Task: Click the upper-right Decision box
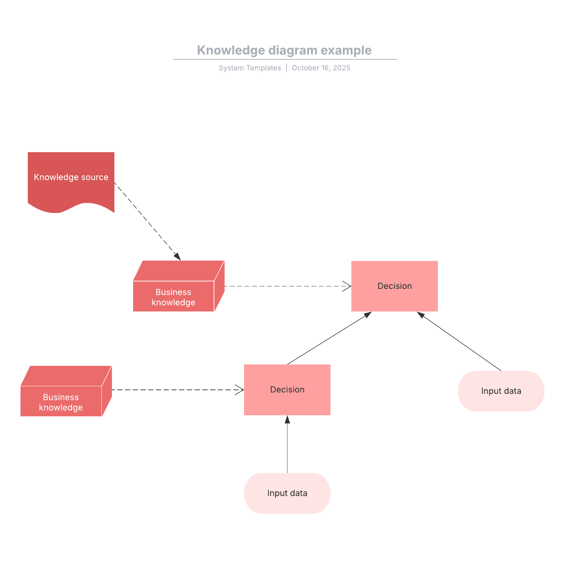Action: click(394, 286)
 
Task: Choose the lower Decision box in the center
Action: click(287, 389)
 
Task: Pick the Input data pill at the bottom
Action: click(287, 493)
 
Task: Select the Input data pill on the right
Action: click(501, 391)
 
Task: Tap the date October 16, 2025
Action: click(321, 68)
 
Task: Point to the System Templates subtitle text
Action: click(250, 68)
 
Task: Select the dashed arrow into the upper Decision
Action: click(282, 286)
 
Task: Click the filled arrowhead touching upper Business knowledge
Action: click(178, 257)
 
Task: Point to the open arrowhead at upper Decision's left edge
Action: click(347, 286)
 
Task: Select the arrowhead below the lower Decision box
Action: click(287, 420)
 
